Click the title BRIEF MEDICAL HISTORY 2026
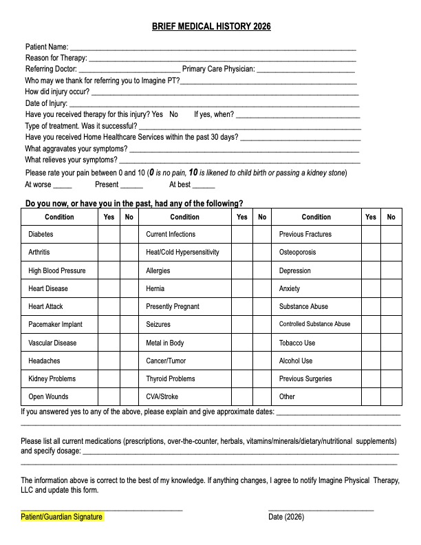(211, 27)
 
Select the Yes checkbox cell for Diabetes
(109, 235)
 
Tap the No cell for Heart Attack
(129, 307)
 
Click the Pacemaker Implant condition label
(55, 325)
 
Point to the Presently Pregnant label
(173, 307)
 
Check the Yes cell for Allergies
(242, 271)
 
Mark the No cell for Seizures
(262, 325)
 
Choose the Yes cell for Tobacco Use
(371, 343)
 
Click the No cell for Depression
(391, 271)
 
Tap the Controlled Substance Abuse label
(314, 325)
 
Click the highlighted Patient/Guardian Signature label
(62, 517)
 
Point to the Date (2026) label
(286, 517)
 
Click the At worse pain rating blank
(63, 186)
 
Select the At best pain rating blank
(204, 186)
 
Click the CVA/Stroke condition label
(162, 397)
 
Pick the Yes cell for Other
(371, 397)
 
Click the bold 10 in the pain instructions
(193, 172)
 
